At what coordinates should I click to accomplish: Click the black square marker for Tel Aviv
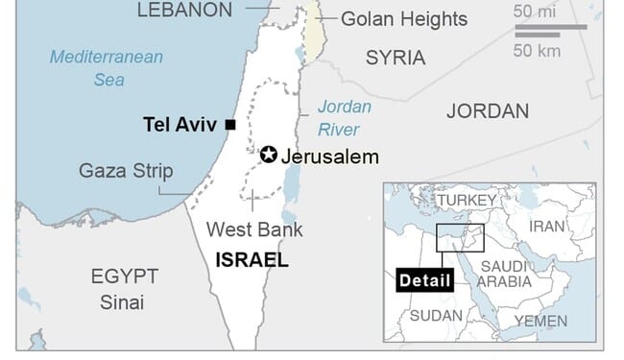230,125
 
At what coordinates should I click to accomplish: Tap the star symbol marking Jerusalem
269,156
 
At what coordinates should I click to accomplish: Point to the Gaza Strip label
127,172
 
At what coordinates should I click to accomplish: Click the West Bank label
254,230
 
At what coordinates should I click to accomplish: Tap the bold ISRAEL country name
252,260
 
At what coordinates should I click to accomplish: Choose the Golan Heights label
404,19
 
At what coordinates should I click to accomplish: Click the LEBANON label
184,11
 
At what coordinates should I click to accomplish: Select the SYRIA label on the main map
396,58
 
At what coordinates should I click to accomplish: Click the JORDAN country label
488,111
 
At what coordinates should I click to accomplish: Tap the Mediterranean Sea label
107,68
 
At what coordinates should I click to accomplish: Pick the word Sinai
122,302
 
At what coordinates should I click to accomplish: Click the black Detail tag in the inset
423,280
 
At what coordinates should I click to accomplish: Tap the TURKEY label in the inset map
468,200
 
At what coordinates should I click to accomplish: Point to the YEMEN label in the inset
540,321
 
